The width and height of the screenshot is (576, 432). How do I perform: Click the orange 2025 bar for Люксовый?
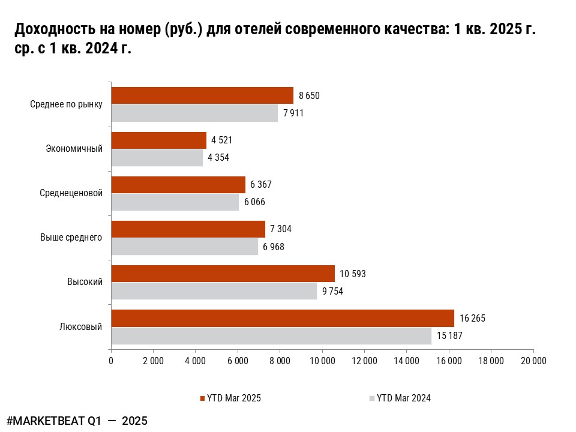(x=282, y=318)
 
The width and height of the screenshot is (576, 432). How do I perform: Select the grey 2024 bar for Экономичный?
(x=157, y=158)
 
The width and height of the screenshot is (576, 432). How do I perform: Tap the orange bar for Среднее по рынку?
(x=202, y=95)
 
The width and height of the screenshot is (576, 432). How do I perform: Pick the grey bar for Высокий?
(x=214, y=291)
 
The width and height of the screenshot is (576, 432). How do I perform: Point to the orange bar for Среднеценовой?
(x=178, y=185)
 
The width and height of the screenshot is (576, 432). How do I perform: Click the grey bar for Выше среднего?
(x=184, y=247)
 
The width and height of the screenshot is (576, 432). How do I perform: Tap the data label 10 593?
(x=353, y=274)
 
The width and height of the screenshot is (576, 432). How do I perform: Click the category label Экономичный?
(x=74, y=149)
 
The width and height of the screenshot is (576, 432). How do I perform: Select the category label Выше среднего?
(x=71, y=238)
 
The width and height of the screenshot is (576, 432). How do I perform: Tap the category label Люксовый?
(x=81, y=327)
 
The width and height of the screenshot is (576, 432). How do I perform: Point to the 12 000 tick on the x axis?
(x=364, y=361)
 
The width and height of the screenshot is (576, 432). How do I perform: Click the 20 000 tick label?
(x=533, y=361)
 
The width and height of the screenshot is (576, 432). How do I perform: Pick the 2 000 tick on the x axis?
(x=153, y=361)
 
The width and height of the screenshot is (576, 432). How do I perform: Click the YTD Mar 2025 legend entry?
(x=230, y=398)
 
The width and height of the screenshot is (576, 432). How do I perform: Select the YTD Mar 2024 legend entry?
(x=400, y=398)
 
